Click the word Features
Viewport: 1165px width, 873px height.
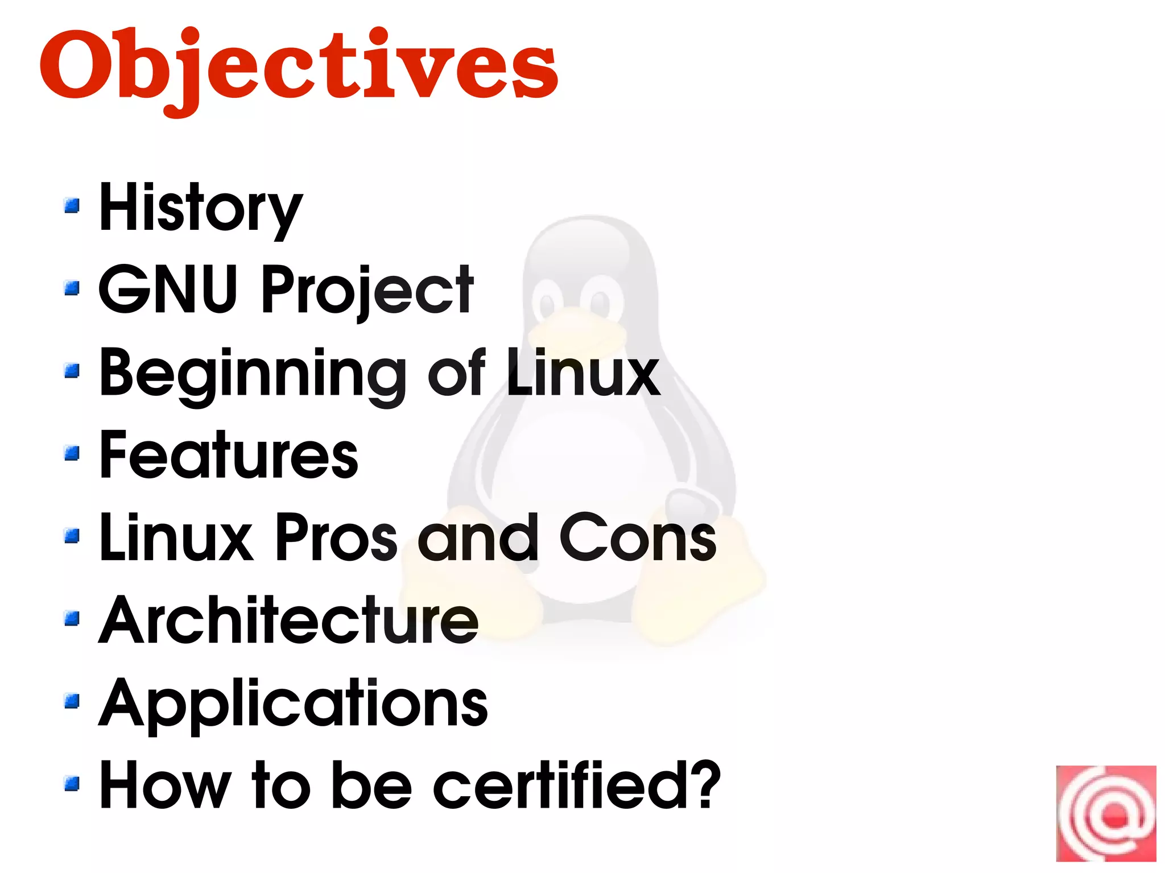pos(229,455)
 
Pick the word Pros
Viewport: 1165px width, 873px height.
pos(336,537)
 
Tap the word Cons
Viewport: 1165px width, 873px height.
pos(638,537)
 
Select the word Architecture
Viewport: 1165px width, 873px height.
pos(288,620)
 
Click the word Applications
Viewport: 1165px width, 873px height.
pos(293,704)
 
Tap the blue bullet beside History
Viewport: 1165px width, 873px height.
pos(72,205)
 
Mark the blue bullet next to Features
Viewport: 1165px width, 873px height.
pos(72,453)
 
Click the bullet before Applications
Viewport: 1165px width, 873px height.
pos(72,701)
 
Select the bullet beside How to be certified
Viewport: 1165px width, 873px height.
pos(72,784)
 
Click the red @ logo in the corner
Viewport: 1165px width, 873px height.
pos(1106,813)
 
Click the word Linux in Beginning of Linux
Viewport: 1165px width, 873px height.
pos(583,373)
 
